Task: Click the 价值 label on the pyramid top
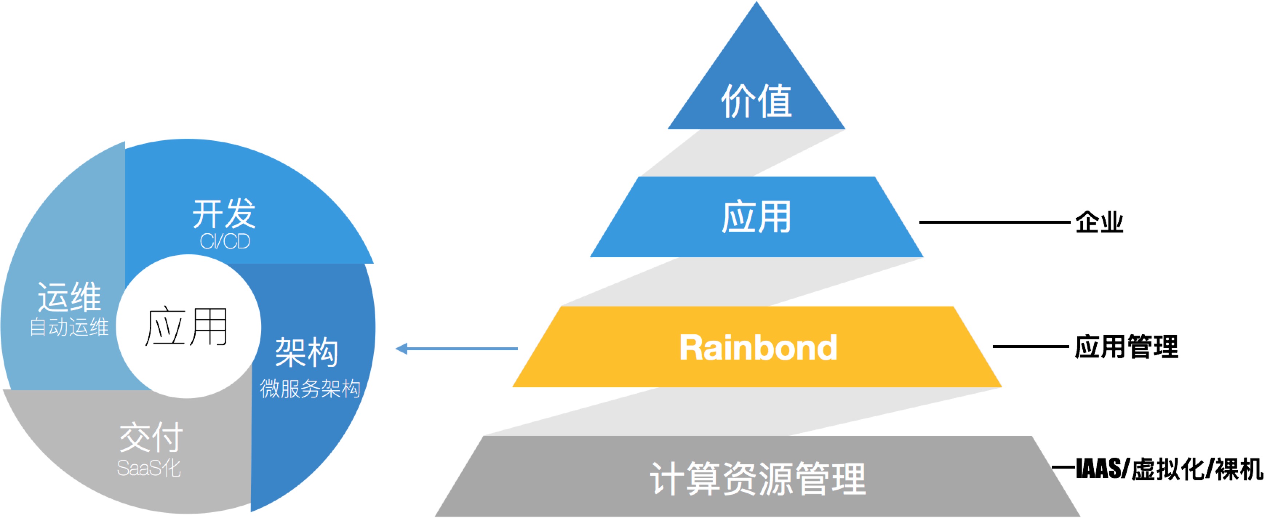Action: pos(756,101)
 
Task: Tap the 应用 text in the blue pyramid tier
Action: pos(756,217)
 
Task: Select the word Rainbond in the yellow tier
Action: pos(758,348)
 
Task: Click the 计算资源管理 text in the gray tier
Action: pos(758,478)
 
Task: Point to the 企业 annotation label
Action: pos(1099,222)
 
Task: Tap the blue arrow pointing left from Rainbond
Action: pos(456,349)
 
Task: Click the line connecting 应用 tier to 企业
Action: pos(994,222)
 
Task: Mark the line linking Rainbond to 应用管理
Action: pos(1030,347)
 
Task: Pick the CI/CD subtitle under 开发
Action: pos(225,242)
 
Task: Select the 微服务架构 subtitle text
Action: pos(310,389)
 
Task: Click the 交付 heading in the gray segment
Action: pos(151,437)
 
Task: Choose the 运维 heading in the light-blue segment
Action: pos(69,297)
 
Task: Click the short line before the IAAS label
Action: pos(1063,467)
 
